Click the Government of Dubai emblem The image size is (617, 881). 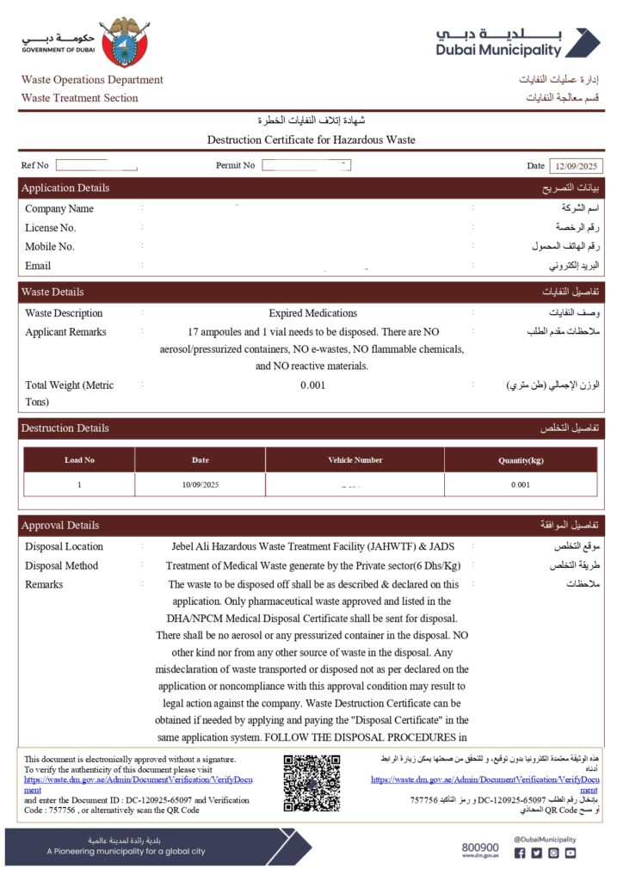(125, 40)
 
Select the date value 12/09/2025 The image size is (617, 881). (578, 165)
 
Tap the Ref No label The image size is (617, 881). (35, 165)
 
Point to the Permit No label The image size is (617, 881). (235, 165)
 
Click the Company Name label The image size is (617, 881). (59, 209)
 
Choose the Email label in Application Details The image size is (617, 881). (38, 266)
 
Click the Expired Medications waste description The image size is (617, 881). (312, 313)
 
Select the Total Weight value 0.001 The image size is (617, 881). (312, 385)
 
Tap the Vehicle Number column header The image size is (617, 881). (355, 460)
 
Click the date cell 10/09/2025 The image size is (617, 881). (201, 485)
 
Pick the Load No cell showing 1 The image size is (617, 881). (79, 485)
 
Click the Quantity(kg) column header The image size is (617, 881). (520, 460)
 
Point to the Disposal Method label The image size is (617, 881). (62, 566)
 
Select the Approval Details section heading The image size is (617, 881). (60, 526)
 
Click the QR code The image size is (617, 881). (312, 783)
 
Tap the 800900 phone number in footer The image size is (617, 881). (479, 847)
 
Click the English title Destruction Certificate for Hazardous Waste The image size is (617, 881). (312, 139)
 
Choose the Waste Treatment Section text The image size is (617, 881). (79, 98)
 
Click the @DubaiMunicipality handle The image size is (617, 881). (545, 839)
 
